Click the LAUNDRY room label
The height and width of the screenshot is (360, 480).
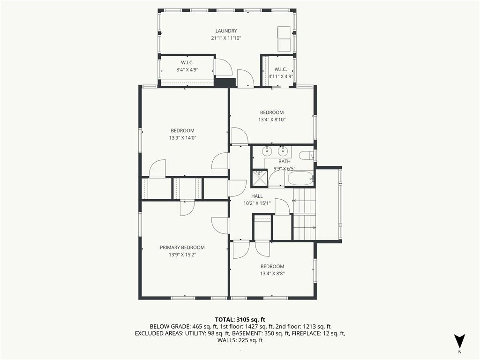226,31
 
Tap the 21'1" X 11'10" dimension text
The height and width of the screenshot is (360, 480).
226,38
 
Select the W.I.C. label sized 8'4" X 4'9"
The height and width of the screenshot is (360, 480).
187,62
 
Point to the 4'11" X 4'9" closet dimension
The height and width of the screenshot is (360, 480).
281,76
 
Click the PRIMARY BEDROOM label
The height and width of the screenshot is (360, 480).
182,247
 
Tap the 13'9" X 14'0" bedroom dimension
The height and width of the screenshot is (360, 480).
182,138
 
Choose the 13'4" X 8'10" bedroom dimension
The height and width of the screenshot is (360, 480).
272,120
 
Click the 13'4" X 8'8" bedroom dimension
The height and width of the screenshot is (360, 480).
272,274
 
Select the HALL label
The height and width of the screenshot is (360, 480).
257,196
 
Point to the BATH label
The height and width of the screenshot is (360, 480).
285,161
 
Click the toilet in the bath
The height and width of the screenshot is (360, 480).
307,156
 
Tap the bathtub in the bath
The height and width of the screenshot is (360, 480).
300,178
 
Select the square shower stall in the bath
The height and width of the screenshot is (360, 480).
259,178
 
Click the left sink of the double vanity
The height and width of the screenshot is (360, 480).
268,151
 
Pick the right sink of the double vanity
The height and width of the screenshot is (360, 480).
282,151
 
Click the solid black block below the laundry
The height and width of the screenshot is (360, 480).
225,82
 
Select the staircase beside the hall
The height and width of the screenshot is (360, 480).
304,214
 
